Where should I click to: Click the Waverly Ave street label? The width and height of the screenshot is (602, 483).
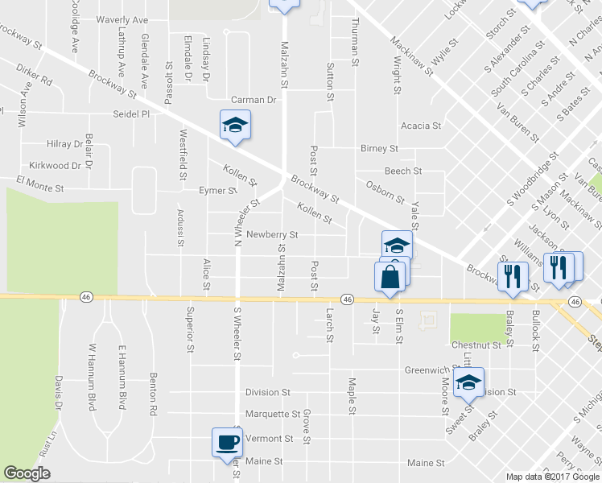122,19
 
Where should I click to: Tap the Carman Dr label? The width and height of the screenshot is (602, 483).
254,100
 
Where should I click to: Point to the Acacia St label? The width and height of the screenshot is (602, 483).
421,126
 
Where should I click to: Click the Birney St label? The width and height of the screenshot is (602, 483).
379,149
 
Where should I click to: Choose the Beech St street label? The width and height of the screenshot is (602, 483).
403,171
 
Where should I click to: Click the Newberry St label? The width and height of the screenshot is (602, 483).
272,235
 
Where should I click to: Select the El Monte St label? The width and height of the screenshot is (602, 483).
35,188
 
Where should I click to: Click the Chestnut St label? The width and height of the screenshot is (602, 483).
482,345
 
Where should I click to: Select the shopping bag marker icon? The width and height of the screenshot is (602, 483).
390,275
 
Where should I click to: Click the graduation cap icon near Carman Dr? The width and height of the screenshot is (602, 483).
235,125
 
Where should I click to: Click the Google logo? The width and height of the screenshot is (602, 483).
27,473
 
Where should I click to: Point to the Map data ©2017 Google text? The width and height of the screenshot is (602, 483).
552,477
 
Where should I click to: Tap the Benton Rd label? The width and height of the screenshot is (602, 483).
152,393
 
